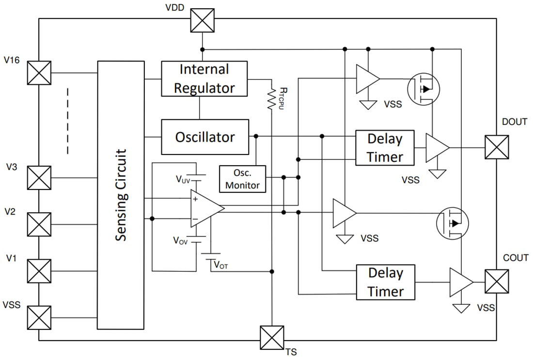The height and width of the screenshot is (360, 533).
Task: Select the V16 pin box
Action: tap(39, 73)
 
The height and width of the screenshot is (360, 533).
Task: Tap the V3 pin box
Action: tap(39, 178)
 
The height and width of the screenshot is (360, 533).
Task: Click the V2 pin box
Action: tap(39, 224)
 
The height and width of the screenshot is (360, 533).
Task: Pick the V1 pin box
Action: tap(39, 271)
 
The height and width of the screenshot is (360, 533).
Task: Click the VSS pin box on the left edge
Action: tap(39, 317)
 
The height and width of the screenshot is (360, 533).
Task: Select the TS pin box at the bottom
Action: tap(272, 338)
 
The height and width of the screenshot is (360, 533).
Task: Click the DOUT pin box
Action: tap(497, 147)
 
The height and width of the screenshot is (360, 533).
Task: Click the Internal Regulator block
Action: tap(204, 78)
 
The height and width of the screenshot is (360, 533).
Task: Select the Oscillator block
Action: tap(204, 137)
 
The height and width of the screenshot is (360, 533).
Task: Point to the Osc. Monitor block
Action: tap(242, 179)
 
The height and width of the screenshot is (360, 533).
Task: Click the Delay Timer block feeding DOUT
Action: tap(385, 148)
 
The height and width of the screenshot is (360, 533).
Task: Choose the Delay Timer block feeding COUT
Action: tap(386, 282)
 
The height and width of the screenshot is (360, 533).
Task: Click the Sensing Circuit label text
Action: tap(121, 195)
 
